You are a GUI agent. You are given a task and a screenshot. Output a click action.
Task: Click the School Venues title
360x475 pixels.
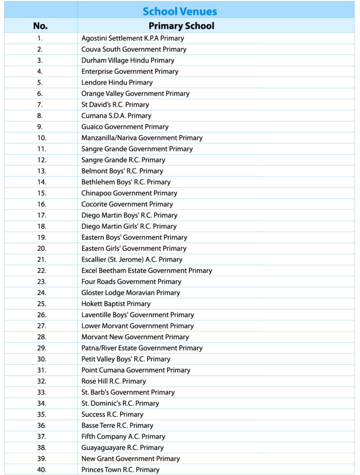pyautogui.click(x=180, y=11)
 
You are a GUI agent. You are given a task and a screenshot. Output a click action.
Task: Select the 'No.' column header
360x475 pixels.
pyautogui.click(x=40, y=26)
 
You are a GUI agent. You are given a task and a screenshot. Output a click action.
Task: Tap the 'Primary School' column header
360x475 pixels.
pyautogui.click(x=181, y=26)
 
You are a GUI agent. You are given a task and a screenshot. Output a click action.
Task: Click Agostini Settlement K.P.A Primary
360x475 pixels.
pyautogui.click(x=133, y=39)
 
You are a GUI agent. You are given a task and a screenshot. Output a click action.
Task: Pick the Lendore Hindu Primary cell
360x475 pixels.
pyautogui.click(x=117, y=83)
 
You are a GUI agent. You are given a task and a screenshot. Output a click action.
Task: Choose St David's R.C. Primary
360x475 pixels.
pyautogui.click(x=115, y=105)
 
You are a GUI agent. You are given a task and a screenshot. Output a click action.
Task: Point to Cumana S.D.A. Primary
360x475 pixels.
pyautogui.click(x=116, y=116)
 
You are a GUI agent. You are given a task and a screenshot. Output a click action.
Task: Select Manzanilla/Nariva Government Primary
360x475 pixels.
pyautogui.click(x=142, y=138)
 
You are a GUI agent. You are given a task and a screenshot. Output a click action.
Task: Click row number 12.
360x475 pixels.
pyautogui.click(x=41, y=160)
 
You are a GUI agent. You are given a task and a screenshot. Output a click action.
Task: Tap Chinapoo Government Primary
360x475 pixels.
pyautogui.click(x=129, y=193)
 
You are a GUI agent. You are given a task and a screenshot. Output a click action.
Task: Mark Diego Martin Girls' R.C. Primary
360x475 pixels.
pyautogui.click(x=129, y=226)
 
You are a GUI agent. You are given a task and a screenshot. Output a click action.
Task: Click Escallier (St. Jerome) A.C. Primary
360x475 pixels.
pyautogui.click(x=132, y=260)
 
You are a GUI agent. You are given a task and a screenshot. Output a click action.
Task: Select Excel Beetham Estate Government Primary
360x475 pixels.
pyautogui.click(x=147, y=271)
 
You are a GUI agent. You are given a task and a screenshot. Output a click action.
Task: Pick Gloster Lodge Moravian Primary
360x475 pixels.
pyautogui.click(x=130, y=293)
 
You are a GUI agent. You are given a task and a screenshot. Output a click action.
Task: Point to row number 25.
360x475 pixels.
pyautogui.click(x=41, y=304)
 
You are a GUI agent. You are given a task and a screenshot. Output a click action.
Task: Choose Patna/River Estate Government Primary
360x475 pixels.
pyautogui.click(x=142, y=348)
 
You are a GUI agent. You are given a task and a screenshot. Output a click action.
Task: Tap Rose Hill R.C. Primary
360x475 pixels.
pyautogui.click(x=113, y=381)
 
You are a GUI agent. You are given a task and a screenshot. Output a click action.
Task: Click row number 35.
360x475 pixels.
pyautogui.click(x=41, y=415)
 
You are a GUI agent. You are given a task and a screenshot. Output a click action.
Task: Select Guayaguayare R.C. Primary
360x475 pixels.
pyautogui.click(x=122, y=448)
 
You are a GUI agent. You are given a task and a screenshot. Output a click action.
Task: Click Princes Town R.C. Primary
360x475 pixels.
pyautogui.click(x=120, y=470)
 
